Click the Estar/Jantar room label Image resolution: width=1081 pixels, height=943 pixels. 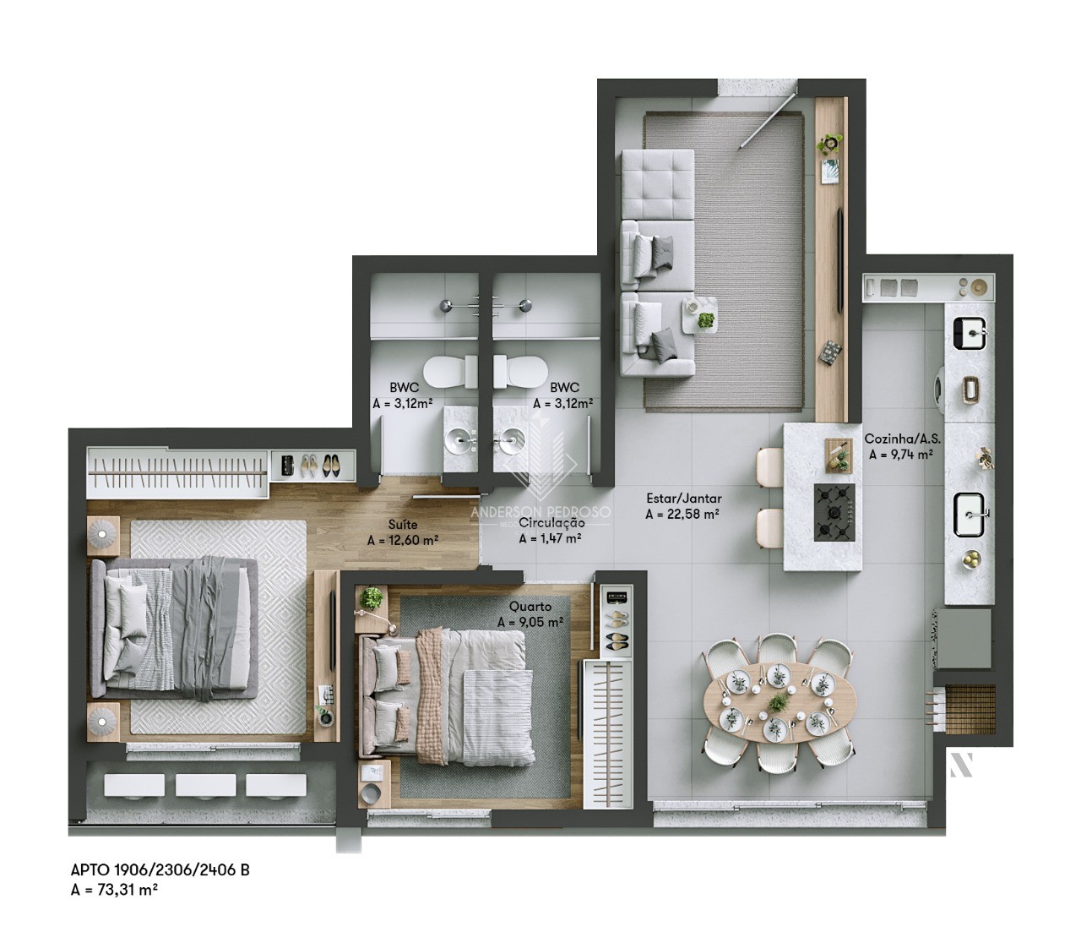[x=682, y=499]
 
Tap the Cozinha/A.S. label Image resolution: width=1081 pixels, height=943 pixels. [x=902, y=439]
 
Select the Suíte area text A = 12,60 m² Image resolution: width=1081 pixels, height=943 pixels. [x=402, y=541]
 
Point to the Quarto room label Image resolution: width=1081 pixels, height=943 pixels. [x=530, y=606]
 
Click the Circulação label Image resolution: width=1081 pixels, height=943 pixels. [x=551, y=523]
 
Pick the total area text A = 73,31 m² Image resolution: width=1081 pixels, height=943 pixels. [x=115, y=888]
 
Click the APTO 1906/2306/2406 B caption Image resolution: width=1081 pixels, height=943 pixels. [x=160, y=870]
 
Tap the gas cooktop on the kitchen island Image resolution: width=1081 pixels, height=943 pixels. [x=834, y=512]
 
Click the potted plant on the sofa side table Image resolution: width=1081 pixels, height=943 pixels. [x=705, y=320]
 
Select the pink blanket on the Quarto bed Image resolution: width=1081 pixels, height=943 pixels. [x=429, y=694]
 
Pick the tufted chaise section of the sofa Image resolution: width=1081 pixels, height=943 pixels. [x=658, y=184]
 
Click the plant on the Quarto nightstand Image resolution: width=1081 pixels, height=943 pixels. [x=371, y=599]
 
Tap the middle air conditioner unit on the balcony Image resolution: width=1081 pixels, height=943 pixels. [x=204, y=785]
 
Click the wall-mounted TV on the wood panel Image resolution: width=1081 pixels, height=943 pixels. [x=839, y=258]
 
